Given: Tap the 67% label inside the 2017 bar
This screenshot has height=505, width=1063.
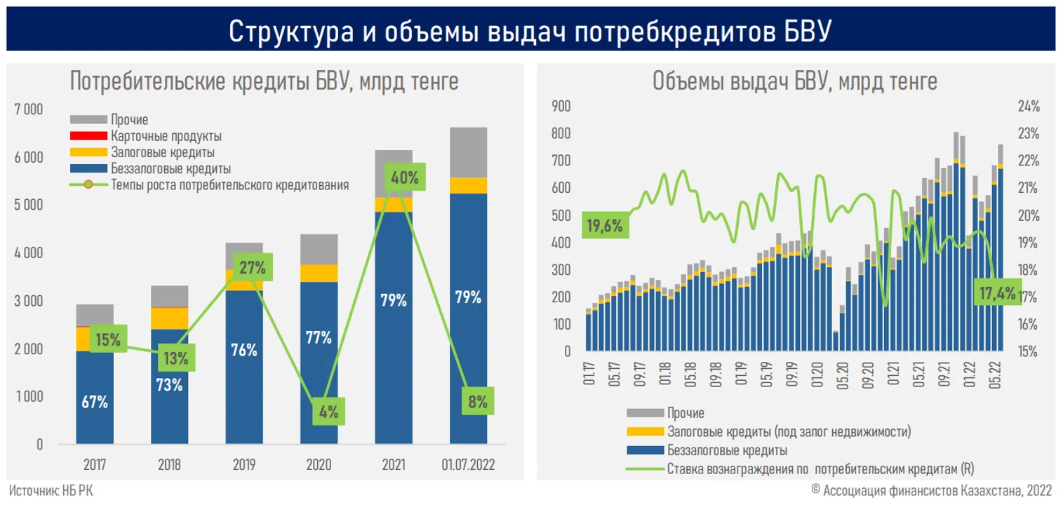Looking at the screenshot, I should [95, 402].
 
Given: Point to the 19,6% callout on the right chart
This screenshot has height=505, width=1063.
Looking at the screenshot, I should [606, 225].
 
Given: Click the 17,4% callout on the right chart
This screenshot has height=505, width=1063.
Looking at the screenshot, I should [996, 293].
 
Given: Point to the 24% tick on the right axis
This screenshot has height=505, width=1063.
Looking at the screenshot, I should [1028, 107].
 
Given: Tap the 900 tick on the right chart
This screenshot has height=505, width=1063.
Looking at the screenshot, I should [563, 107].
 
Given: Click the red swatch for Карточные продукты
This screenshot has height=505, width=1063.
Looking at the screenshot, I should [88, 136].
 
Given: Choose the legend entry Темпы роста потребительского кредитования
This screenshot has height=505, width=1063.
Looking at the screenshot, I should [229, 185].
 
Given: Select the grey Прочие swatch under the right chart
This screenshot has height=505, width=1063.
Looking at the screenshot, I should [643, 413].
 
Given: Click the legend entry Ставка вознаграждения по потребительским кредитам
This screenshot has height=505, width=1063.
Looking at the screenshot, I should [821, 468].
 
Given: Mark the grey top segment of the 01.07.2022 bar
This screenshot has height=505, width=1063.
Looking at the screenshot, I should [468, 151].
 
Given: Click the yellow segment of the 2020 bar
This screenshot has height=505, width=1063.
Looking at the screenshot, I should [319, 272].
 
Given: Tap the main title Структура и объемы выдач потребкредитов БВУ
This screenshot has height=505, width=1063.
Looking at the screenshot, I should [531, 32].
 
